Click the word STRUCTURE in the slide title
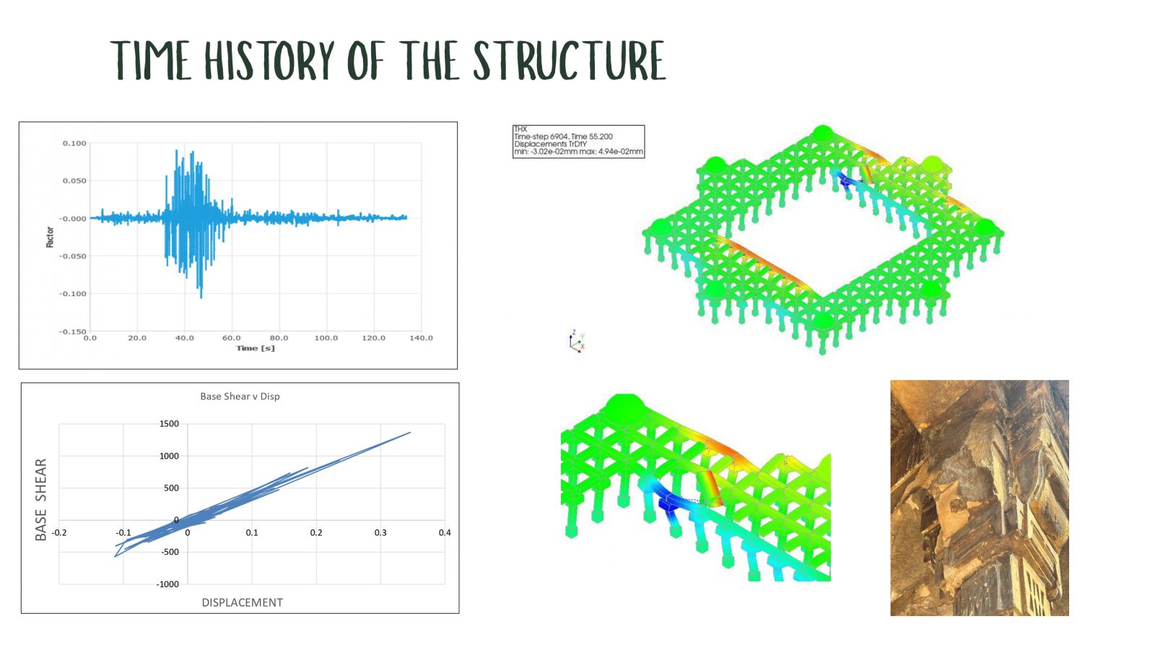click(570, 61)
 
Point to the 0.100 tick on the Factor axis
click(75, 144)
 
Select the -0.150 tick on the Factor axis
click(73, 331)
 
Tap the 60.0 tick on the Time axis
click(232, 338)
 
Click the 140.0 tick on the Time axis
click(422, 338)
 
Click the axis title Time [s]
click(256, 348)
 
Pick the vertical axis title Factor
click(50, 238)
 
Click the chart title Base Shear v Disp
click(240, 396)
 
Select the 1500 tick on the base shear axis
click(169, 423)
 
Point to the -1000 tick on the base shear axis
click(167, 584)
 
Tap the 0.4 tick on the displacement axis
click(445, 532)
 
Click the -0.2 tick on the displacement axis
click(59, 532)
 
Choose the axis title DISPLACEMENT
click(243, 602)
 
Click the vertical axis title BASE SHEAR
click(40, 499)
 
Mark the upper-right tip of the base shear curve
click(411, 433)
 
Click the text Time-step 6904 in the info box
click(541, 136)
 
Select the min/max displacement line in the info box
click(578, 152)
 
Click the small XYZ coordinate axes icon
click(577, 341)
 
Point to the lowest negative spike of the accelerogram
click(201, 298)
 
